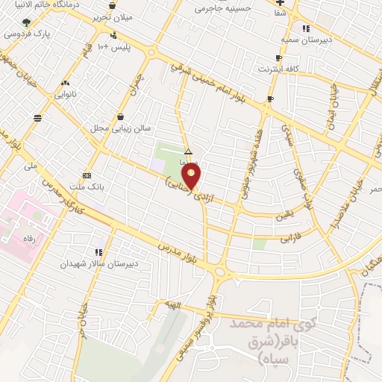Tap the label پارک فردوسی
22,34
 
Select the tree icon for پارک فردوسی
28,22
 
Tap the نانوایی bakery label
66,95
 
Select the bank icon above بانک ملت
87,175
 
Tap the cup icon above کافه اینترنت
278,57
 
